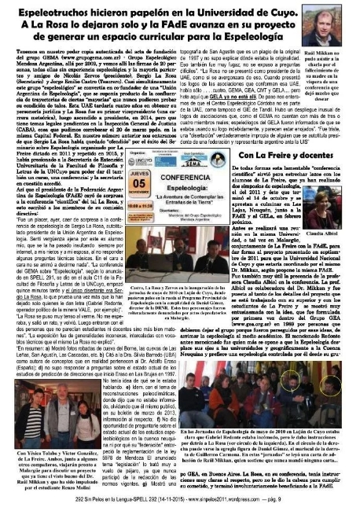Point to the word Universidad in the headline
pos(231,11)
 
